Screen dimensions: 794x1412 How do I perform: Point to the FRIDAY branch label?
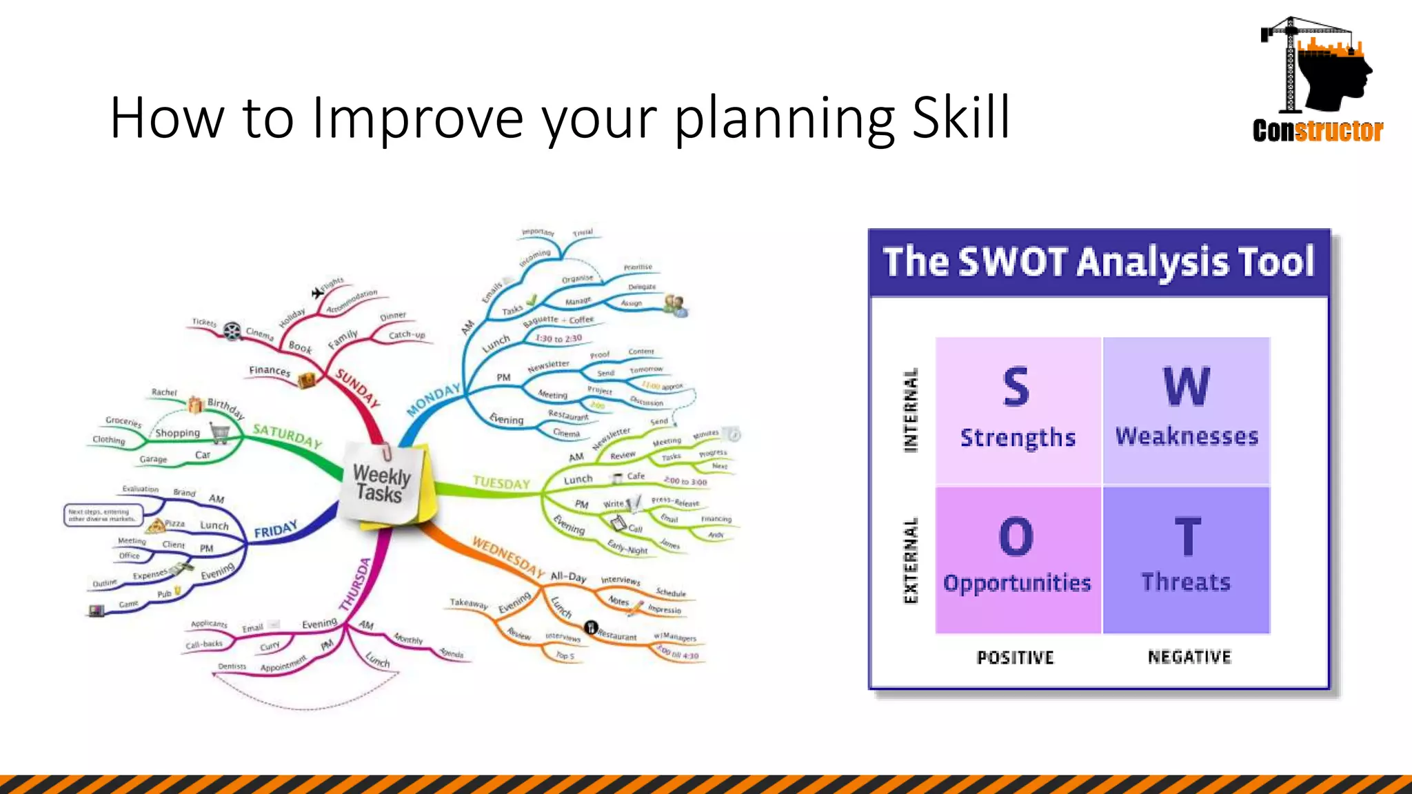pos(276,529)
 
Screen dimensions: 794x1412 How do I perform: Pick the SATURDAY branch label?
pos(287,436)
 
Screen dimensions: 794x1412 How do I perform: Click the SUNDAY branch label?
pos(357,387)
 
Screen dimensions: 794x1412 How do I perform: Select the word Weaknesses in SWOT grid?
pos(1187,436)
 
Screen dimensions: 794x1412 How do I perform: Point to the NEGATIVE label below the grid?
pos(1189,657)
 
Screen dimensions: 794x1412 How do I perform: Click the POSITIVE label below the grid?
pos(1015,658)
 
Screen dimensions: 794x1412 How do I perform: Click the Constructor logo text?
pos(1318,130)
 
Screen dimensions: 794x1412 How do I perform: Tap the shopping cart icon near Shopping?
pos(221,434)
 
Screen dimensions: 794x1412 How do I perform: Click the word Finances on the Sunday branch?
pos(270,371)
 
